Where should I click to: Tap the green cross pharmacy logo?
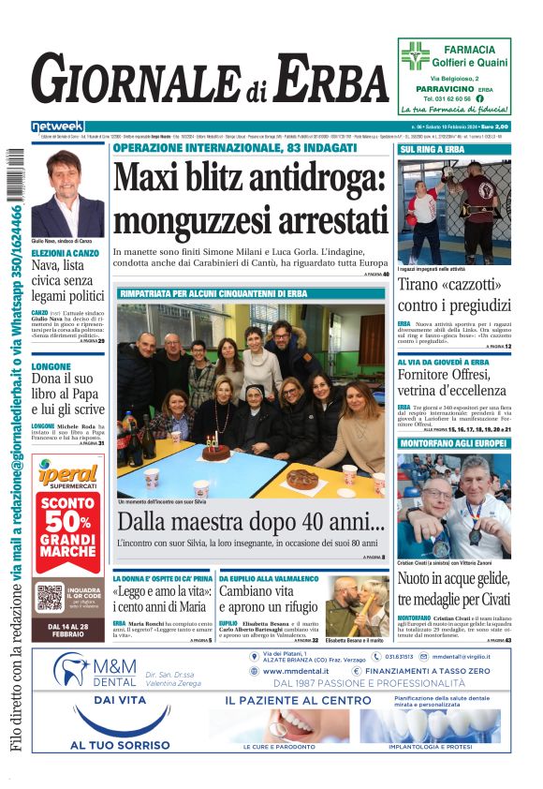click(x=414, y=56)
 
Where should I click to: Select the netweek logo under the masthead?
click(x=57, y=127)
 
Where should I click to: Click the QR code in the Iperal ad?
click(x=49, y=596)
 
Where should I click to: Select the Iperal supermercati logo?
click(x=67, y=478)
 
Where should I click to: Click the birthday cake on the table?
click(x=215, y=452)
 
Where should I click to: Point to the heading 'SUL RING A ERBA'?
click(x=433, y=150)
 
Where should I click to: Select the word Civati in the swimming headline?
click(x=486, y=598)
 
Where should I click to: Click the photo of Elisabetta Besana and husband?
click(x=357, y=605)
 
